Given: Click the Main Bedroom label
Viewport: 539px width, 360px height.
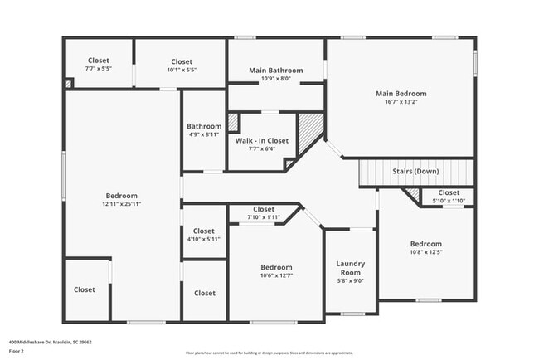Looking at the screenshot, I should pos(401,93).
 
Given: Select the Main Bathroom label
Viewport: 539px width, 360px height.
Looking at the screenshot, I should pos(275,71).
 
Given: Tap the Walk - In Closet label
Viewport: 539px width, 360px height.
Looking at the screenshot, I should pos(261,141).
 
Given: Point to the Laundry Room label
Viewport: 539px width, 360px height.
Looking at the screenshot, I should pos(350,269).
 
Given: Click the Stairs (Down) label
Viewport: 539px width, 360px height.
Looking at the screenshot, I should pos(415,171).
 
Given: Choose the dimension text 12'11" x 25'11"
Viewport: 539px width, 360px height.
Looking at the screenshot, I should pos(121,203).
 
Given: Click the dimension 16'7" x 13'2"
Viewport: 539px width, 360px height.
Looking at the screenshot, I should pos(401,104).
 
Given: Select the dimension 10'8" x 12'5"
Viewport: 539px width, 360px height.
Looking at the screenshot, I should pos(426,254).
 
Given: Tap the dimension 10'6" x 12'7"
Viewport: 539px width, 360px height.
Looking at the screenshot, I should pos(276,276).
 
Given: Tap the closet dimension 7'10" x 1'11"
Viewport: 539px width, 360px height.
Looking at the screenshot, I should pos(264,218).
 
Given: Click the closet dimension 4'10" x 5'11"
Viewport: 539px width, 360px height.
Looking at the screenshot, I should pos(203,240).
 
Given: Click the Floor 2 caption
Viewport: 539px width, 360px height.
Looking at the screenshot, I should pos(17,351).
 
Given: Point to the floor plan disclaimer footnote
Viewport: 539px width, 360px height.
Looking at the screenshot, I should pos(269,352).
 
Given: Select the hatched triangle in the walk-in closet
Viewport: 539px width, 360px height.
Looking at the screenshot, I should pos(310,129).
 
